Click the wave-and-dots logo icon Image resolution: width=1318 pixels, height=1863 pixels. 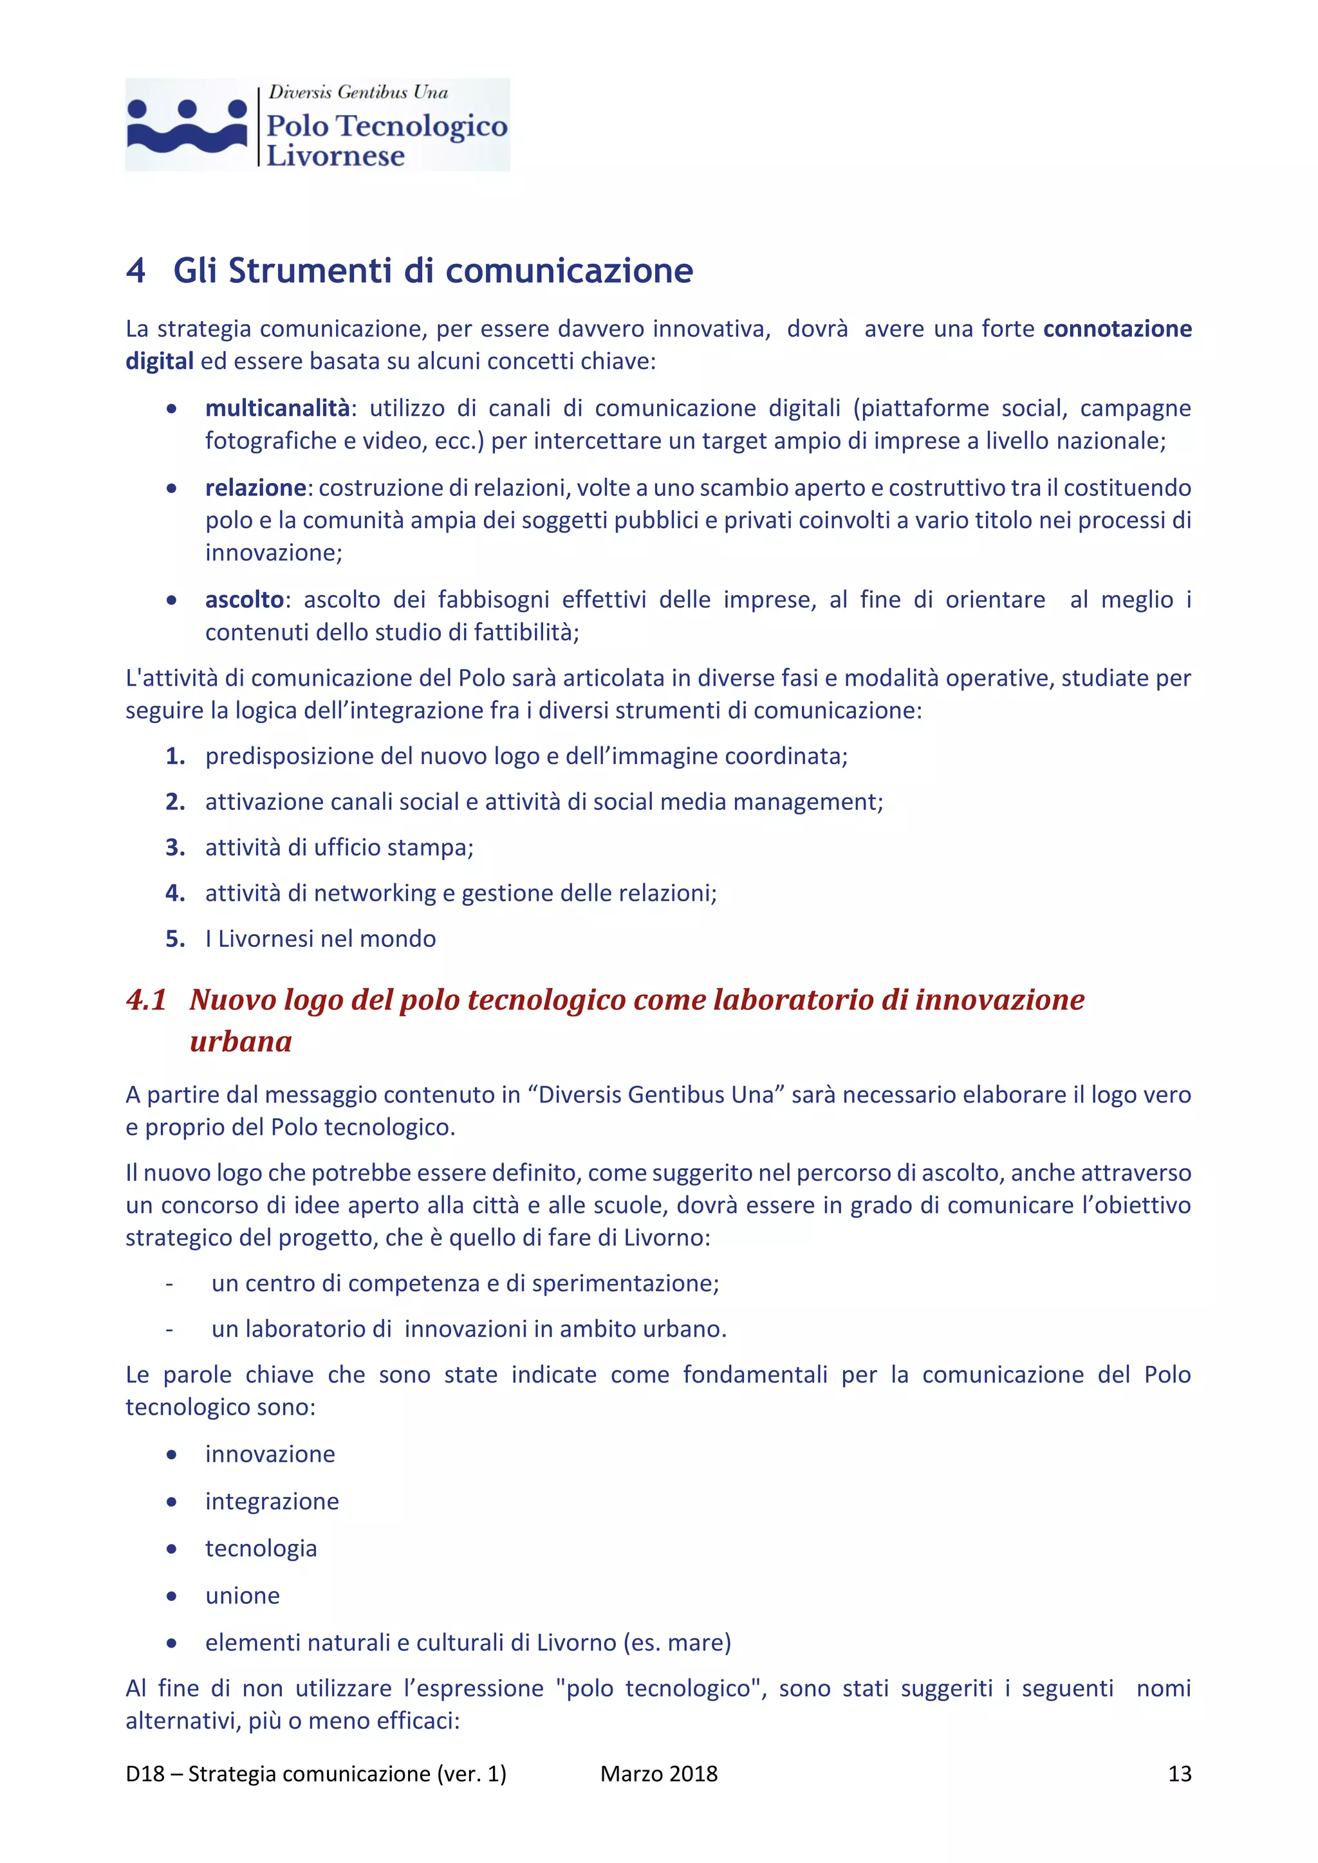click(x=187, y=126)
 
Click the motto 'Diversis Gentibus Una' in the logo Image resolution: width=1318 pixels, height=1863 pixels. click(x=358, y=93)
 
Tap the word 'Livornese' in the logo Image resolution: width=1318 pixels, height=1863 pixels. click(x=335, y=155)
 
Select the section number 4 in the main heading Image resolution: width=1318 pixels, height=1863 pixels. click(x=136, y=271)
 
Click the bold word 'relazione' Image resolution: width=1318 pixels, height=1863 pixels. click(x=255, y=488)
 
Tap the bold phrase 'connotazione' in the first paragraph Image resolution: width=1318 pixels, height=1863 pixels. click(x=1117, y=329)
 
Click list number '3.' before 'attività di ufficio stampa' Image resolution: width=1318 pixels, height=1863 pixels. click(x=175, y=848)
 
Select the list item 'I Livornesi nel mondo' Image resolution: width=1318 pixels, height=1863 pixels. click(x=320, y=939)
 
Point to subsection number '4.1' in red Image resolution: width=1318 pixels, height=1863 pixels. click(x=146, y=1000)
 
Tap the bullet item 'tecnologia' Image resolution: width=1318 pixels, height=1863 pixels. click(x=261, y=1548)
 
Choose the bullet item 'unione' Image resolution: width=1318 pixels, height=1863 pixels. click(x=242, y=1595)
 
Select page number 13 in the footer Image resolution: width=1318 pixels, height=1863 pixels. click(x=1179, y=1774)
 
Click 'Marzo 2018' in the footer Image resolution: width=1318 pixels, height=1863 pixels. click(x=658, y=1774)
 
